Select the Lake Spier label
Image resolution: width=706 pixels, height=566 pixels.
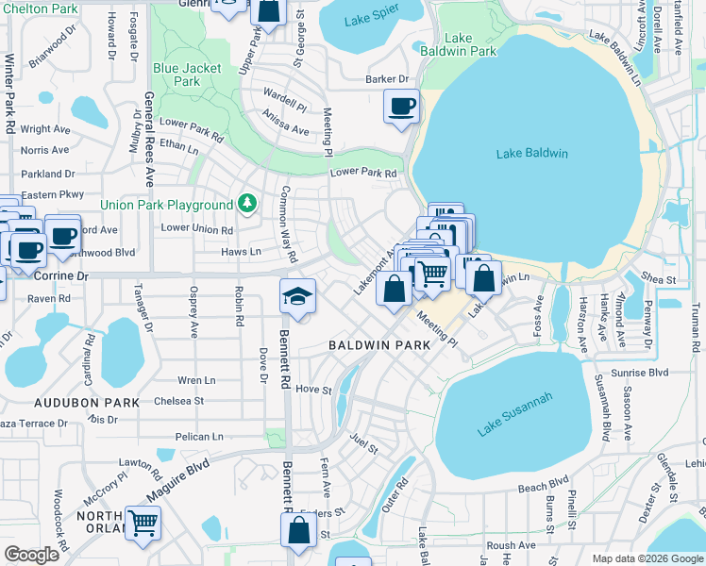(371, 19)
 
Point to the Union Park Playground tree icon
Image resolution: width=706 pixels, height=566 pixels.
(247, 203)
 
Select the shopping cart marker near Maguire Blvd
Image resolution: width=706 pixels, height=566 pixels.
(143, 521)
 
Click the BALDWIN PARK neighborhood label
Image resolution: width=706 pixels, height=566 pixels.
(379, 345)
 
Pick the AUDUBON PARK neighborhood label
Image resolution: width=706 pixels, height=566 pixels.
(87, 403)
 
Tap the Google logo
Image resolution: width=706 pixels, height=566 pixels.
(31, 555)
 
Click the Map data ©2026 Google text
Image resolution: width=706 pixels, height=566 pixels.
(647, 558)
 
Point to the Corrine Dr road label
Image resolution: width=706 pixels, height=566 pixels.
(59, 276)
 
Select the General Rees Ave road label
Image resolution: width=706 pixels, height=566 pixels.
(149, 128)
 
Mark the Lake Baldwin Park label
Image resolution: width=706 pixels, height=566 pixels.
(458, 44)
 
